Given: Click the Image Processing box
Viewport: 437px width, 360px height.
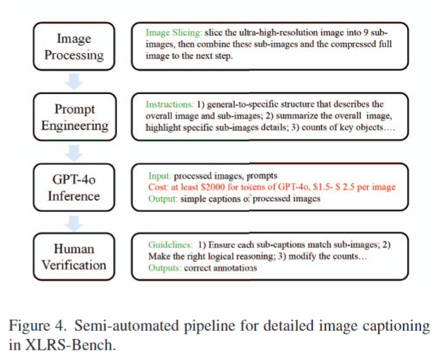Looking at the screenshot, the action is [x=73, y=46].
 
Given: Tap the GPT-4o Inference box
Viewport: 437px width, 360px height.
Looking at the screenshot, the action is [x=73, y=187].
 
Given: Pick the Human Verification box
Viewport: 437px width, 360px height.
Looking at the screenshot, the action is [x=73, y=255].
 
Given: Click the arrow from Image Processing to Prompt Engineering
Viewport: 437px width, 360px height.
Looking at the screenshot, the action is [x=74, y=81].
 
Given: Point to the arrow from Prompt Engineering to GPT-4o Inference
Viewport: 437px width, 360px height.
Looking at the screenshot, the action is [x=74, y=152].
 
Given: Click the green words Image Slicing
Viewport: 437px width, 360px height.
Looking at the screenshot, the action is [x=173, y=33].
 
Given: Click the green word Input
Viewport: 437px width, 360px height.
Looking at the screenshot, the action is [x=160, y=176].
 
